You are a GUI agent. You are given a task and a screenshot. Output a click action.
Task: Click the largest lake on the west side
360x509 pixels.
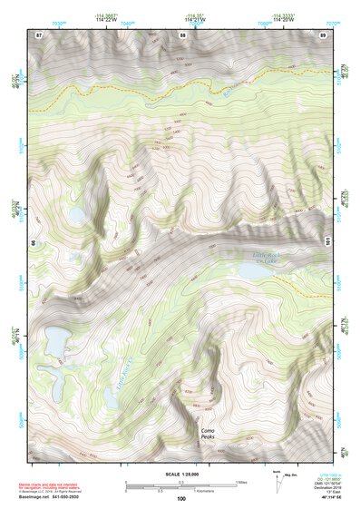click(x=54, y=342)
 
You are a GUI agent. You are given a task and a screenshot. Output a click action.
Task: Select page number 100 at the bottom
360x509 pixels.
click(x=181, y=499)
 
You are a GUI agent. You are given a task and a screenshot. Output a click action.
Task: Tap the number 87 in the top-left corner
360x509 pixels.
click(x=39, y=34)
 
